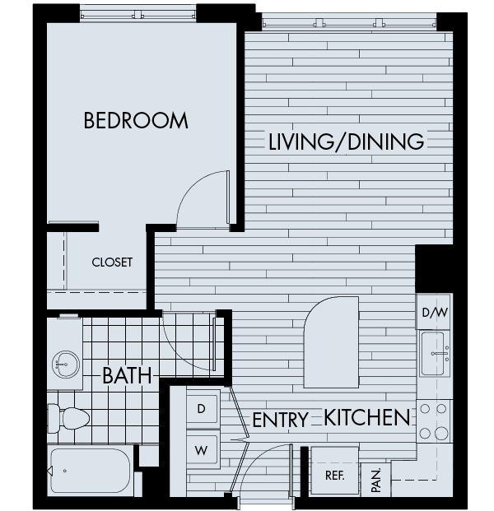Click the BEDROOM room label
coord(136,121)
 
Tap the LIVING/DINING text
coord(346,142)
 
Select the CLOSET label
coord(112,262)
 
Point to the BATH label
coord(128,377)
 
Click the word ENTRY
coord(280,420)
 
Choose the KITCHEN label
coord(366,418)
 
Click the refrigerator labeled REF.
coord(333,476)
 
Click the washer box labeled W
coord(202,450)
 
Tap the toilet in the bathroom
coord(69,419)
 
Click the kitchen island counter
coord(331,343)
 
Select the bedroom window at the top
coord(138,12)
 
